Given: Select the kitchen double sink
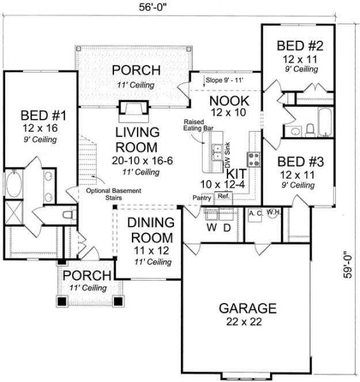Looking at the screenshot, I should (218, 152).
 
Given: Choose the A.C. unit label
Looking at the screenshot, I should (255, 213).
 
